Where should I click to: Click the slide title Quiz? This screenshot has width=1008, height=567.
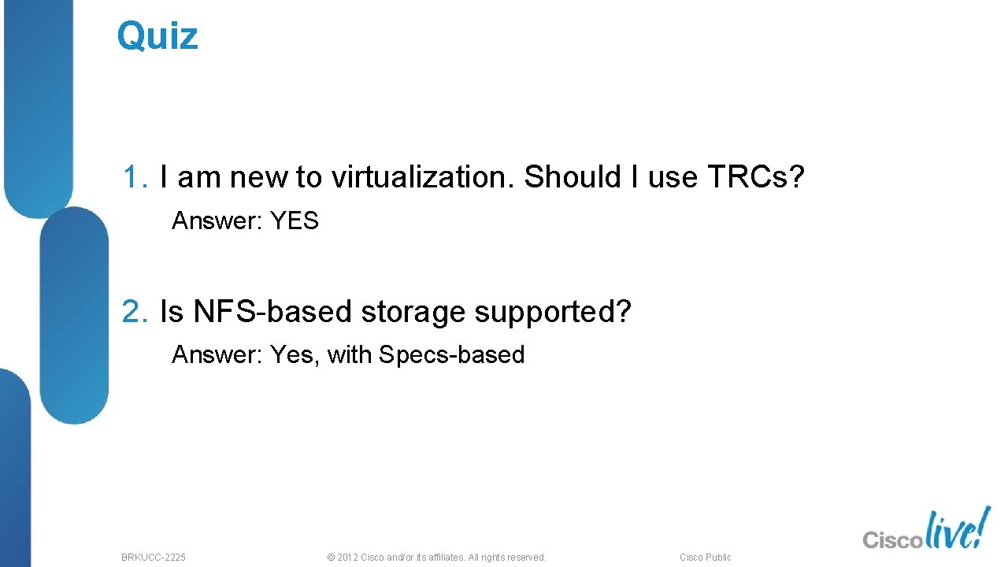pyautogui.click(x=157, y=36)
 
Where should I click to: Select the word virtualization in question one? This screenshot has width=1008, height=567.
pyautogui.click(x=421, y=178)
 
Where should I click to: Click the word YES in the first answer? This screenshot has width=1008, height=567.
pyautogui.click(x=295, y=221)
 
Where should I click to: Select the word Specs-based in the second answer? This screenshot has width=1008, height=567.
pyautogui.click(x=451, y=355)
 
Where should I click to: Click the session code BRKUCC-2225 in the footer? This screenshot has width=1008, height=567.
pyautogui.click(x=154, y=558)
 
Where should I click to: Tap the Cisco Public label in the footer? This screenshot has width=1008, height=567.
pyautogui.click(x=706, y=558)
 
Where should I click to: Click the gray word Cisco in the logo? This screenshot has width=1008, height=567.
pyautogui.click(x=892, y=539)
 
